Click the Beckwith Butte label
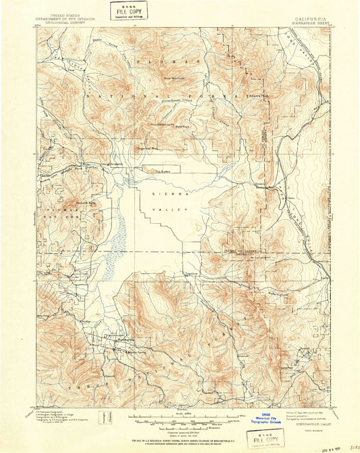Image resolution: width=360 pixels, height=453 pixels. coord(83,202)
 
